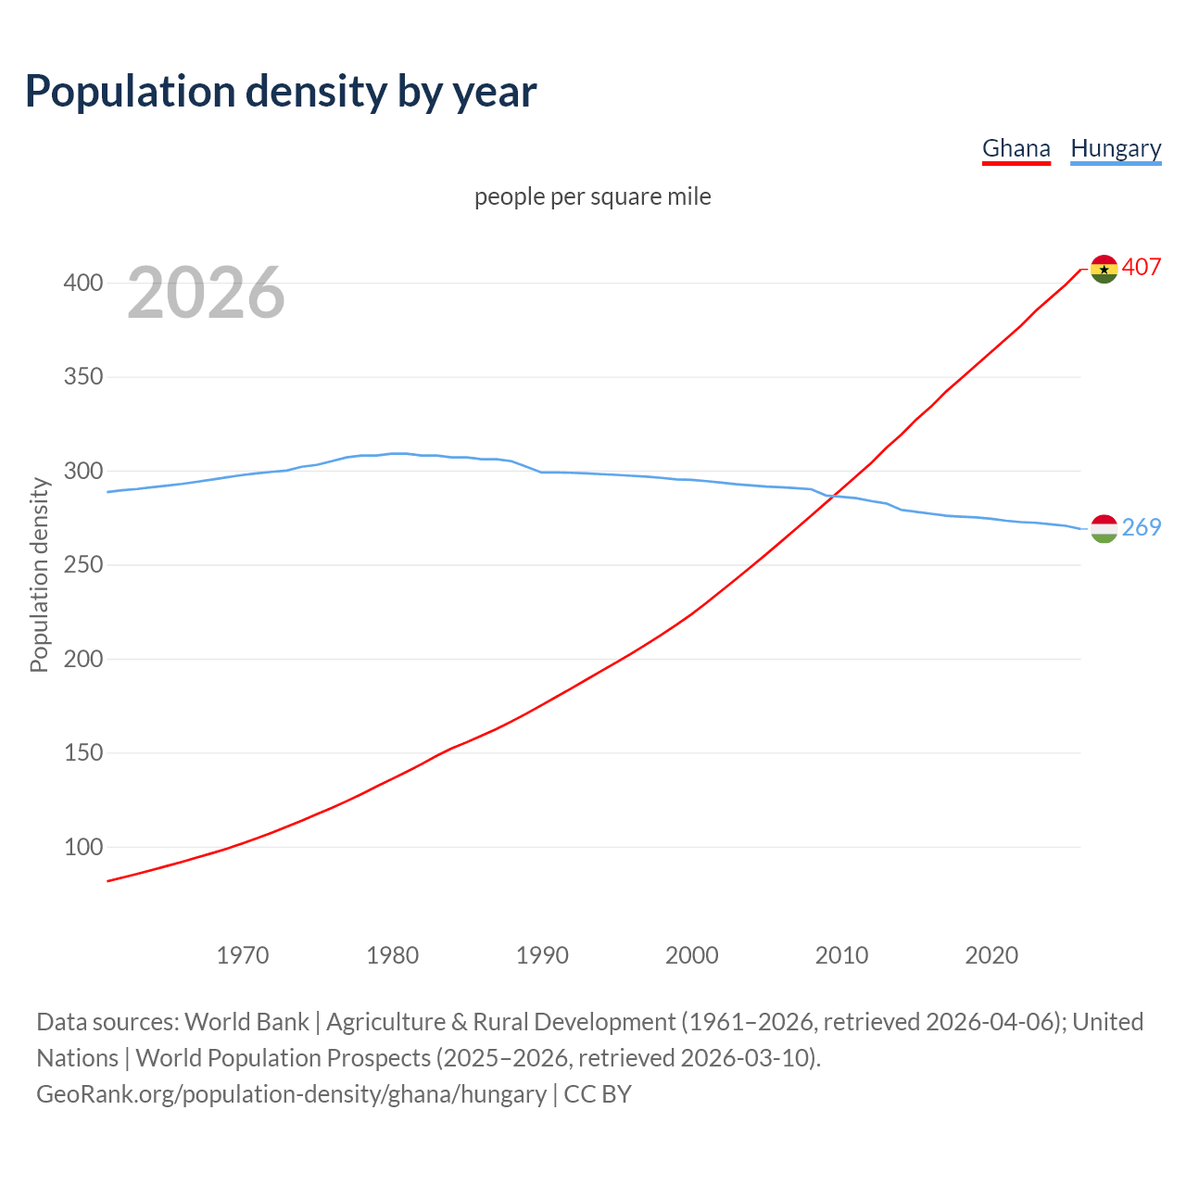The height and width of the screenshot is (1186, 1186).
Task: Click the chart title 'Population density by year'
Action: (281, 92)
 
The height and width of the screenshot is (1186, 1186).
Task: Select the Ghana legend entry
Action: (1016, 148)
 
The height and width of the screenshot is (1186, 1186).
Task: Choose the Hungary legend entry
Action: (1116, 148)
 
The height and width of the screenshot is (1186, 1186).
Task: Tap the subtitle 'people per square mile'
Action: (593, 197)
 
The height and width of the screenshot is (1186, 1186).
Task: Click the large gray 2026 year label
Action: (206, 293)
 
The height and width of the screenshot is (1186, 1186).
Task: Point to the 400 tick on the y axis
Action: (82, 284)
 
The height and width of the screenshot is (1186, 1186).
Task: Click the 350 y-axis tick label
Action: (82, 377)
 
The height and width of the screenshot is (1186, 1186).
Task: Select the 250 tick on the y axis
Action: (82, 565)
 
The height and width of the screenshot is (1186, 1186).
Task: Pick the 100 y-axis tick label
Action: (82, 847)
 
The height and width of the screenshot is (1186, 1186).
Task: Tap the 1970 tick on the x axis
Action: (243, 955)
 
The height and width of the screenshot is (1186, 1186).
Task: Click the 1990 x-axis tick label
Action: (542, 955)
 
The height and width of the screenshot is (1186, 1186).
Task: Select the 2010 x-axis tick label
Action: (841, 955)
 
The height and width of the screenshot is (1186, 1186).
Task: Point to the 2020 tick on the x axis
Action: (991, 955)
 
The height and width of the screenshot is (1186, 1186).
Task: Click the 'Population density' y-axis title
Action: (39, 574)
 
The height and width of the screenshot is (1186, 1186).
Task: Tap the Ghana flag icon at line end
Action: (1104, 269)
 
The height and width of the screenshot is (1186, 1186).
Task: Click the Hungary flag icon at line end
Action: (1104, 528)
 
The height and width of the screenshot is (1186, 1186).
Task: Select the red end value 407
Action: (1142, 268)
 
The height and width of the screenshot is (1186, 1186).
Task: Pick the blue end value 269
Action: (1142, 527)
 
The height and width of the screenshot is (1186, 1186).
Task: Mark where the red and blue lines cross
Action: (831, 496)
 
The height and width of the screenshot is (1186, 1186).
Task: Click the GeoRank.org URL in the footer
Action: (291, 1094)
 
